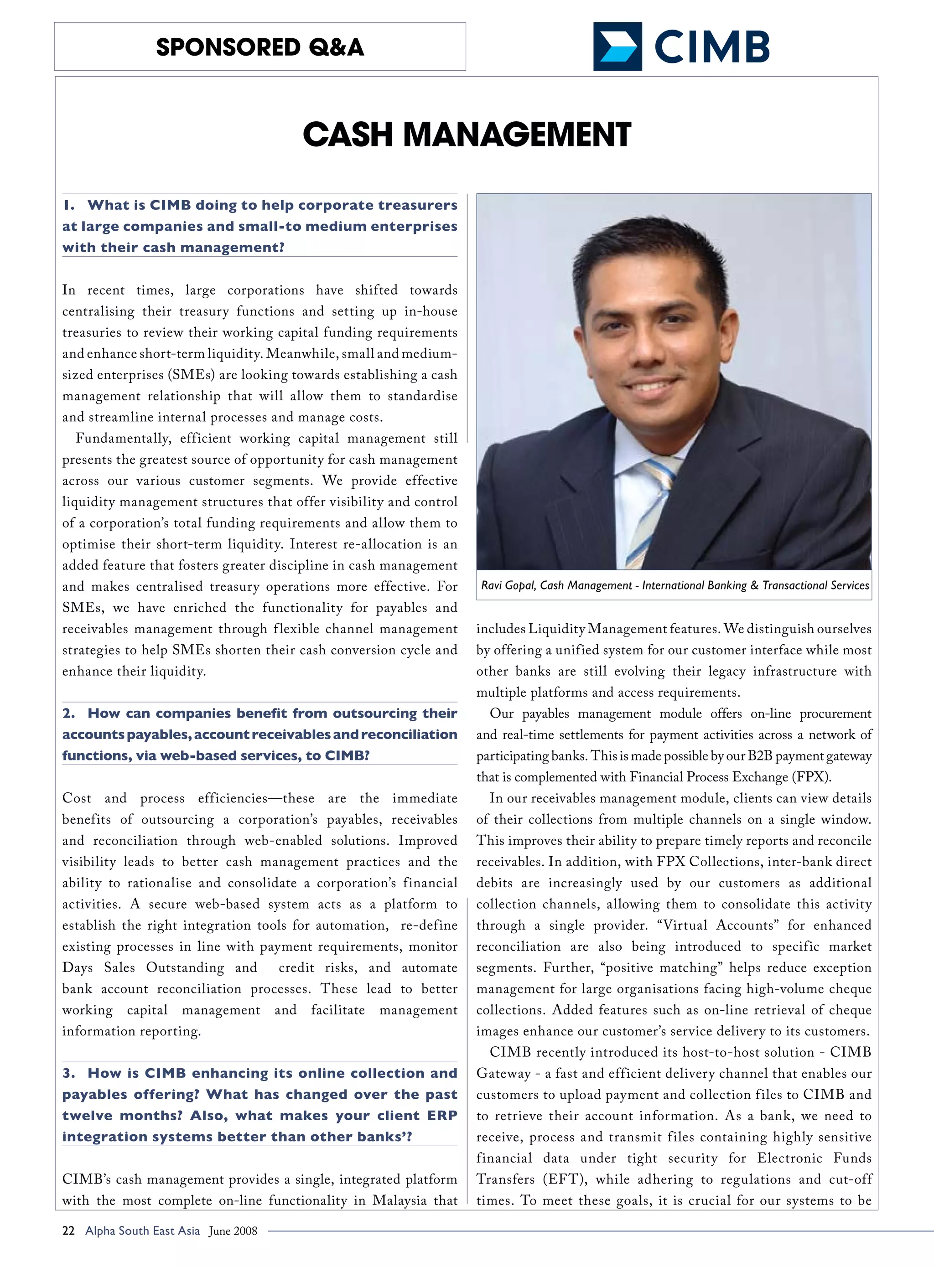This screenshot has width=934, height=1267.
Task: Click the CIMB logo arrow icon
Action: coord(617,47)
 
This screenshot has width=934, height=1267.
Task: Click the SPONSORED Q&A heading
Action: coord(260,47)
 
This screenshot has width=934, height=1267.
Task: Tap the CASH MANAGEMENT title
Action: coord(467,134)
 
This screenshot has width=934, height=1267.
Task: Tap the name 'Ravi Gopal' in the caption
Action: coord(507,585)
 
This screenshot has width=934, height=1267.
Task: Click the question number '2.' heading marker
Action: coord(68,713)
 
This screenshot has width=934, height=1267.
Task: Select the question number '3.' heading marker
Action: coord(68,1073)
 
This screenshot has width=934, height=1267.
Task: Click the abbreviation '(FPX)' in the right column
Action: coord(812,777)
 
